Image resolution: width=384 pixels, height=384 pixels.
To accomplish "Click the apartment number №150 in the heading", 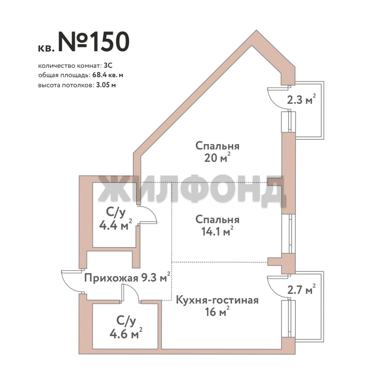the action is (94, 42).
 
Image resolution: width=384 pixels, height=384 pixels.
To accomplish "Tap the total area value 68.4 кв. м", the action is (108, 75).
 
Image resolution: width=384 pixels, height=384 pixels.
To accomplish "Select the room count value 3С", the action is (108, 66).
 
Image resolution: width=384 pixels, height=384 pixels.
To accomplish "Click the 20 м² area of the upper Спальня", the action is (218, 158).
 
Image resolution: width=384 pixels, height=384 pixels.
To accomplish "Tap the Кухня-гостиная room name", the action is (217, 300).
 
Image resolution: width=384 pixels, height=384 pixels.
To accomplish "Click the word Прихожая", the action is (111, 278).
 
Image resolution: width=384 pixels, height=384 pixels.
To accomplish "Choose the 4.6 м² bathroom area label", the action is (126, 333).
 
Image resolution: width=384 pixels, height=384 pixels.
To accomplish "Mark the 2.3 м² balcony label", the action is (301, 100).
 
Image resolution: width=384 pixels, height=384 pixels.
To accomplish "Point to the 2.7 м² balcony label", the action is (301, 290).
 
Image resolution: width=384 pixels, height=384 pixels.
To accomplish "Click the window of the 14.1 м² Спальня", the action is (289, 234).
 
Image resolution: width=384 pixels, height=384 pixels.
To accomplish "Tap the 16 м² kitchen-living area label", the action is (218, 311).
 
